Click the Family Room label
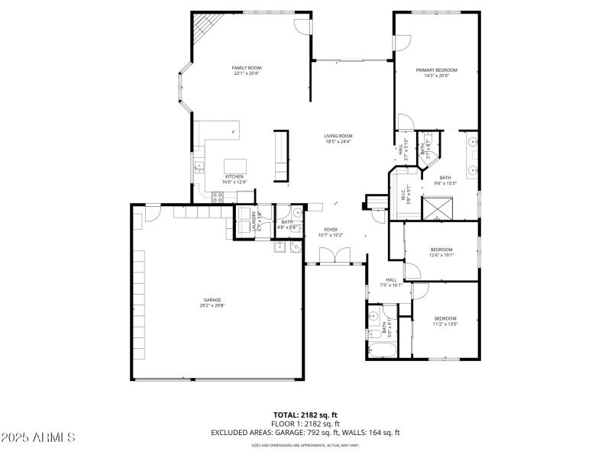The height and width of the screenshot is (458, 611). [x=246, y=68]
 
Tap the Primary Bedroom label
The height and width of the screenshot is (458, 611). [x=432, y=70]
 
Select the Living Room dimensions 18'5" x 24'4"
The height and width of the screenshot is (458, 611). [x=338, y=141]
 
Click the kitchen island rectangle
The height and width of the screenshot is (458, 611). [x=236, y=166]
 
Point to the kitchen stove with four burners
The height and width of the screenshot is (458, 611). [x=217, y=196]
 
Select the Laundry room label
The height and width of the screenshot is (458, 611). [x=254, y=221]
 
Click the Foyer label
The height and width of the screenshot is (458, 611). [x=331, y=230]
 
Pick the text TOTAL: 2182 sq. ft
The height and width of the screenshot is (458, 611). [x=305, y=414]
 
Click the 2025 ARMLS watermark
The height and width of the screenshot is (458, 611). [x=38, y=438]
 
